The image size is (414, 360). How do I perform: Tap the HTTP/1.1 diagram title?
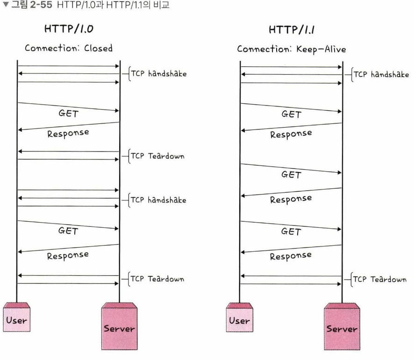pyautogui.click(x=291, y=31)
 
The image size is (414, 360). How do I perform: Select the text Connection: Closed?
pyautogui.click(x=69, y=49)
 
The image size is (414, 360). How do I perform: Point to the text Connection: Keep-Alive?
pyautogui.click(x=292, y=49)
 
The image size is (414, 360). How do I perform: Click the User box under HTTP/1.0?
pyautogui.click(x=17, y=321)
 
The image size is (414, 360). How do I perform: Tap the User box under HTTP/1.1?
pyautogui.click(x=239, y=321)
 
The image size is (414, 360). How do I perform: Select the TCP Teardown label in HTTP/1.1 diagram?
pyautogui.click(x=379, y=279)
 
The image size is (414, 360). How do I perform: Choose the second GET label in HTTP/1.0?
pyautogui.click(x=68, y=230)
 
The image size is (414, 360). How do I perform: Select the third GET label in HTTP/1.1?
pyautogui.click(x=291, y=231)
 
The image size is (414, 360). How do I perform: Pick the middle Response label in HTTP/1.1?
pyautogui.click(x=291, y=199)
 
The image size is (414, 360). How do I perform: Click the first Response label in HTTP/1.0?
pyautogui.click(x=68, y=133)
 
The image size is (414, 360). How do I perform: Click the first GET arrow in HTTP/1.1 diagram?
pyautogui.click(x=291, y=107)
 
